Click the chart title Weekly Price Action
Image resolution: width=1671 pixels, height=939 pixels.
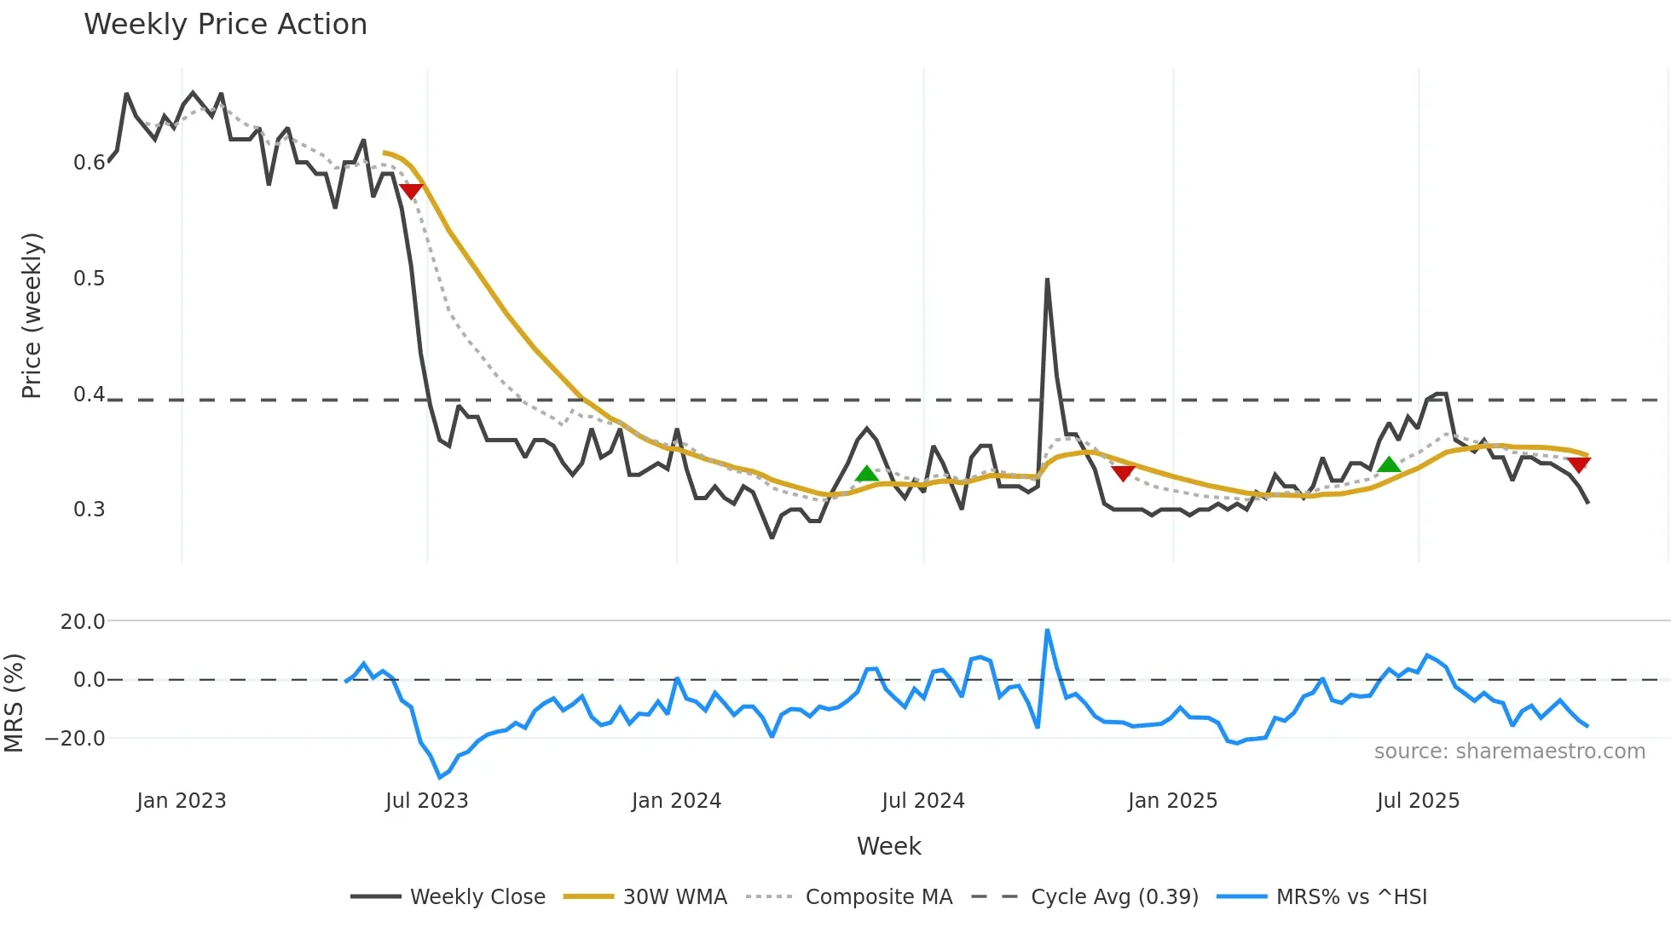pyautogui.click(x=225, y=25)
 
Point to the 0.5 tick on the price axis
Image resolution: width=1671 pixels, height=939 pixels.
pyautogui.click(x=90, y=279)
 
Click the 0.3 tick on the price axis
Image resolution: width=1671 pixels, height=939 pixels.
pyautogui.click(x=90, y=510)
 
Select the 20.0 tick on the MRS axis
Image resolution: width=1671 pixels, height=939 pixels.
pyautogui.click(x=83, y=622)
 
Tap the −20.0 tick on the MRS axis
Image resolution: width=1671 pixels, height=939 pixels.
pyautogui.click(x=76, y=739)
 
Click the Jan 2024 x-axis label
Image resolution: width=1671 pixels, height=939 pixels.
pyautogui.click(x=676, y=801)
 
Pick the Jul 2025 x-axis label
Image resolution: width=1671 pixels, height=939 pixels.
pyautogui.click(x=1418, y=801)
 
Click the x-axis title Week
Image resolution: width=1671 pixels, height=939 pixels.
pyautogui.click(x=888, y=846)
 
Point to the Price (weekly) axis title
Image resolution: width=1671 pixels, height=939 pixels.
pyautogui.click(x=32, y=315)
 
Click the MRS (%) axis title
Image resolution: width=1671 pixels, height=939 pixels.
pyautogui.click(x=14, y=703)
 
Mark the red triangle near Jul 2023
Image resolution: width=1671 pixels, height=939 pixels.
pyautogui.click(x=411, y=191)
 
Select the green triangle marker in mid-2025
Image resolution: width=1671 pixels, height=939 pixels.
pyautogui.click(x=1389, y=464)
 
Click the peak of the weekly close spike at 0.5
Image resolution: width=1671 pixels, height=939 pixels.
pyautogui.click(x=1047, y=279)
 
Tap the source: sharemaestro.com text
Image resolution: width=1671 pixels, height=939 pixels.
pyautogui.click(x=1509, y=752)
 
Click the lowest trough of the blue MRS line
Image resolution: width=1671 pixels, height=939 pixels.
pyautogui.click(x=440, y=777)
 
